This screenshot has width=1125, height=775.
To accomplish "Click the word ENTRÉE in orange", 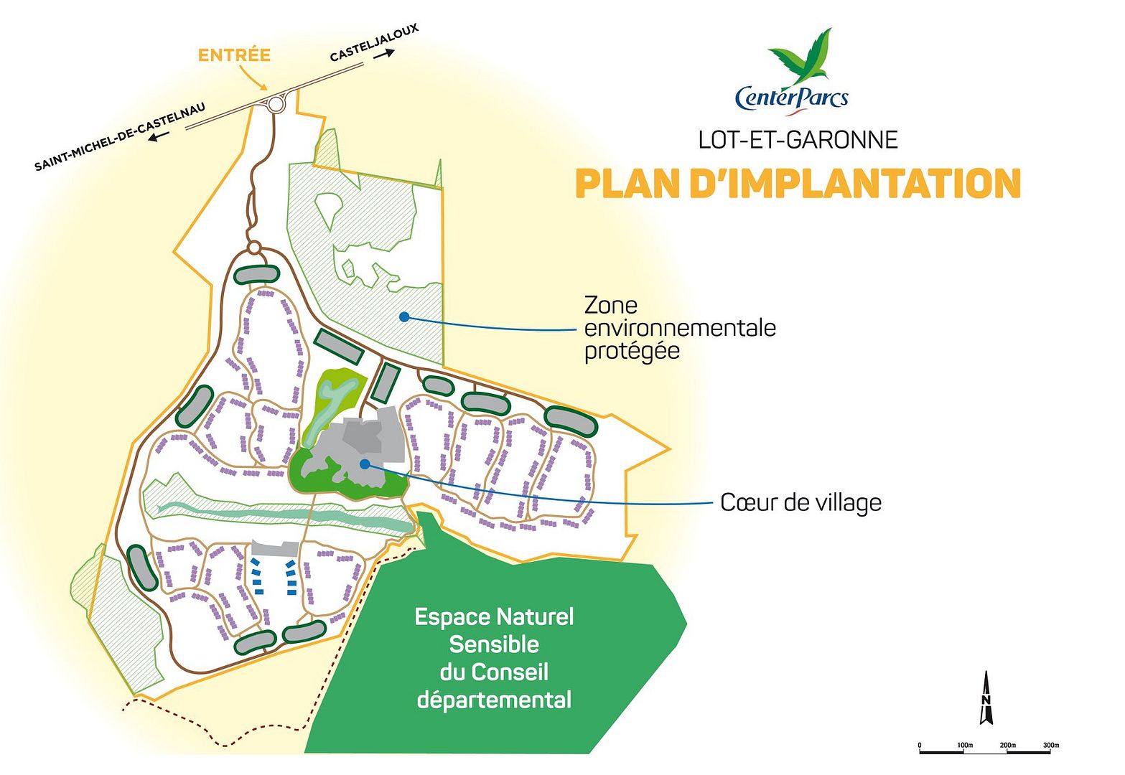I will pyautogui.click(x=234, y=55).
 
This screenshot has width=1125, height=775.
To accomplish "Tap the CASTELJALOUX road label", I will pyautogui.click(x=373, y=43).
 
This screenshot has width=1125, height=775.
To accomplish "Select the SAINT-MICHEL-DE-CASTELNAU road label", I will pyautogui.click(x=120, y=137).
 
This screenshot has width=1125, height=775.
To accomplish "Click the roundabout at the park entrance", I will pyautogui.click(x=276, y=105).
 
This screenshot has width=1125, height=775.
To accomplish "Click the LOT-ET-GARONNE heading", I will pyautogui.click(x=798, y=139).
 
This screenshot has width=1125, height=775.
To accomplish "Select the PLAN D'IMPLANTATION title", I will pyautogui.click(x=798, y=184).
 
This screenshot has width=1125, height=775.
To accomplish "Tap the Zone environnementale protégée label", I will pyautogui.click(x=679, y=328).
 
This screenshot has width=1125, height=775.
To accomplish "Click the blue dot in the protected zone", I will pyautogui.click(x=404, y=316).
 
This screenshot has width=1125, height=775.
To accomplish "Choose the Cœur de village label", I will pyautogui.click(x=800, y=502).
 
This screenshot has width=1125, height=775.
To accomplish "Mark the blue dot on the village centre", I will pyautogui.click(x=365, y=464).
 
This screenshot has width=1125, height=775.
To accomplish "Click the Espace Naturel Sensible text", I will pyautogui.click(x=494, y=658).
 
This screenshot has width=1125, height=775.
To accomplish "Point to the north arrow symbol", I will pyautogui.click(x=986, y=698).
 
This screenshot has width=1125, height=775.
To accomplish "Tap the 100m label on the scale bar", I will pyautogui.click(x=964, y=746).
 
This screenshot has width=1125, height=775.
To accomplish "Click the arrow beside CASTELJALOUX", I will pyautogui.click(x=384, y=55).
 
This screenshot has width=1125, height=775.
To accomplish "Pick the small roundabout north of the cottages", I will pyautogui.click(x=253, y=248).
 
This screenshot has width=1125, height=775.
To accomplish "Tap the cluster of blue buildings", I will pyautogui.click(x=274, y=576).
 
